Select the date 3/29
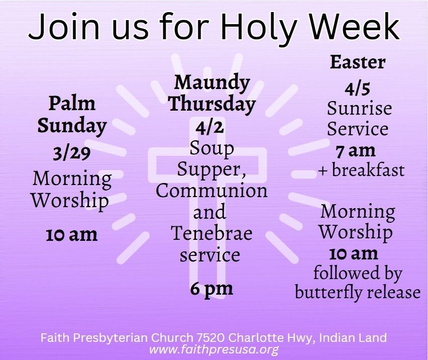pos(71,154)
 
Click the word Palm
pos(72,104)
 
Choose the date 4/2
pos(209,127)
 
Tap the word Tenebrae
pos(211,233)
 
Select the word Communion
pos(211,191)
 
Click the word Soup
pos(212,149)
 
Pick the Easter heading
pos(358,62)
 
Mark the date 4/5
pos(357,89)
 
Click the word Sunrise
pos(359,108)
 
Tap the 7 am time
pos(355,151)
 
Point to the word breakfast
pos(368,170)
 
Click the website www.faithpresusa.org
pos(213,349)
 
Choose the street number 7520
pos(210,338)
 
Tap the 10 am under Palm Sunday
pos(71,235)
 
